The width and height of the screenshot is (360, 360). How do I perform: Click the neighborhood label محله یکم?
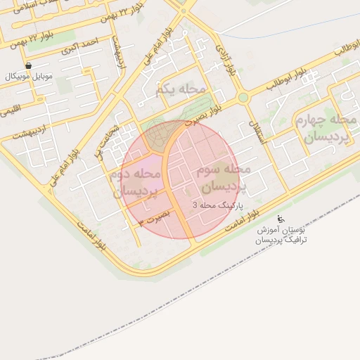[181, 90]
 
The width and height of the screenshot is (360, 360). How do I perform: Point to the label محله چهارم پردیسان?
[331, 129]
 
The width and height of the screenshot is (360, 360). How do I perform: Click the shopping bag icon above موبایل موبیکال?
[27, 65]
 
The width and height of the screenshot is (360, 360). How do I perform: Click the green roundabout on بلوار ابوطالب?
[243, 98]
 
